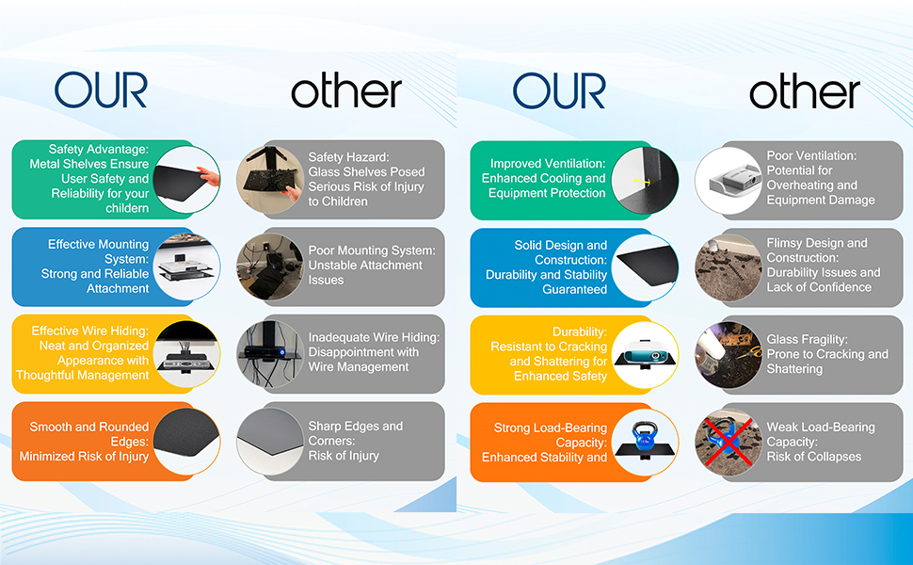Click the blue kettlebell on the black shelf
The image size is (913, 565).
(x=644, y=435)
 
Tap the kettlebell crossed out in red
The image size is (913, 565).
(x=726, y=438)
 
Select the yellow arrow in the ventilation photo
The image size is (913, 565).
(x=642, y=182)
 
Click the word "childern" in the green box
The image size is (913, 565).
(x=127, y=208)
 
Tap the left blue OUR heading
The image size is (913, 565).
(x=102, y=90)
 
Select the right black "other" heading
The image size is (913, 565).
(x=805, y=91)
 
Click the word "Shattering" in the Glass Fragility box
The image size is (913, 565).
(x=794, y=369)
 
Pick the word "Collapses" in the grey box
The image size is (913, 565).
(x=834, y=457)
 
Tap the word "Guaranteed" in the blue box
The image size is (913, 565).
(x=575, y=289)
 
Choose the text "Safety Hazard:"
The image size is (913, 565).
(x=349, y=157)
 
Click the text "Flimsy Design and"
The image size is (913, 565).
(x=817, y=243)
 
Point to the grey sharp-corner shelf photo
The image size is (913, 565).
(x=269, y=441)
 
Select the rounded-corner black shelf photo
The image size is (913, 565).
(x=186, y=441)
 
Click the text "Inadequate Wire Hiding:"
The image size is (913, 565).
(x=374, y=337)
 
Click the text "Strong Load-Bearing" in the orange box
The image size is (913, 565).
(x=551, y=428)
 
